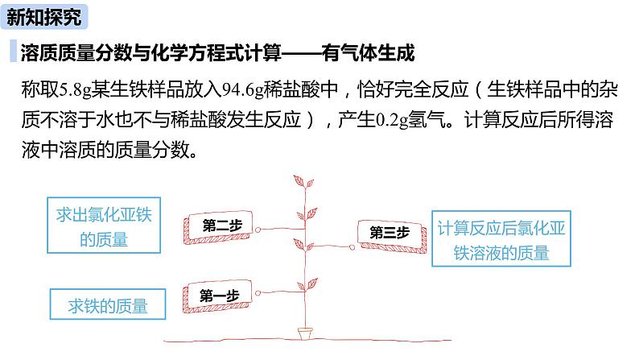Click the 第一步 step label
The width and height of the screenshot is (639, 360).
(220, 294)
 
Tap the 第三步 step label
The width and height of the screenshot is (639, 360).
(390, 232)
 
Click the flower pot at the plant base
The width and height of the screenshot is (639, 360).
(306, 331)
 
